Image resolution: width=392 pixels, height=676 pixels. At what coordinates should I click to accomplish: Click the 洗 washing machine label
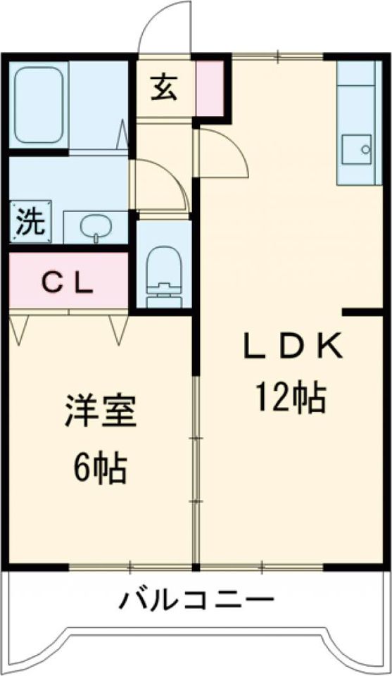tap(30, 223)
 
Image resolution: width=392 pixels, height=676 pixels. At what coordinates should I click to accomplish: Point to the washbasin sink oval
tap(95, 227)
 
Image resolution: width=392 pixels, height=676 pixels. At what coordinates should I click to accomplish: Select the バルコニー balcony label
tap(196, 601)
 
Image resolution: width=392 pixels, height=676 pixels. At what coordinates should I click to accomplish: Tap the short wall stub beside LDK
tap(362, 311)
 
